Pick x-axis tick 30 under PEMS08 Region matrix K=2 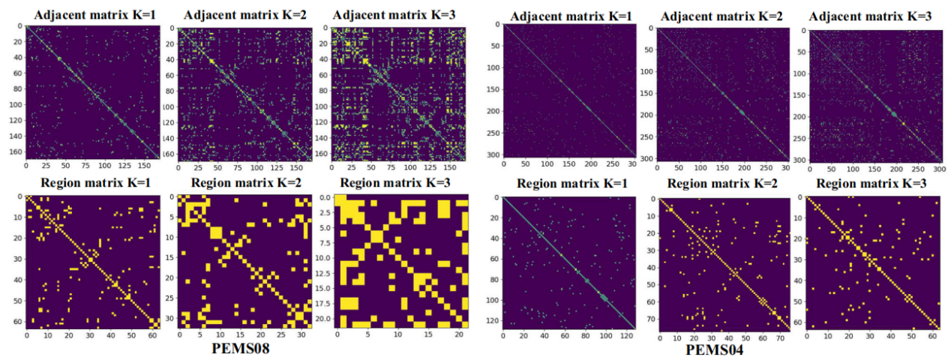[298, 336]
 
